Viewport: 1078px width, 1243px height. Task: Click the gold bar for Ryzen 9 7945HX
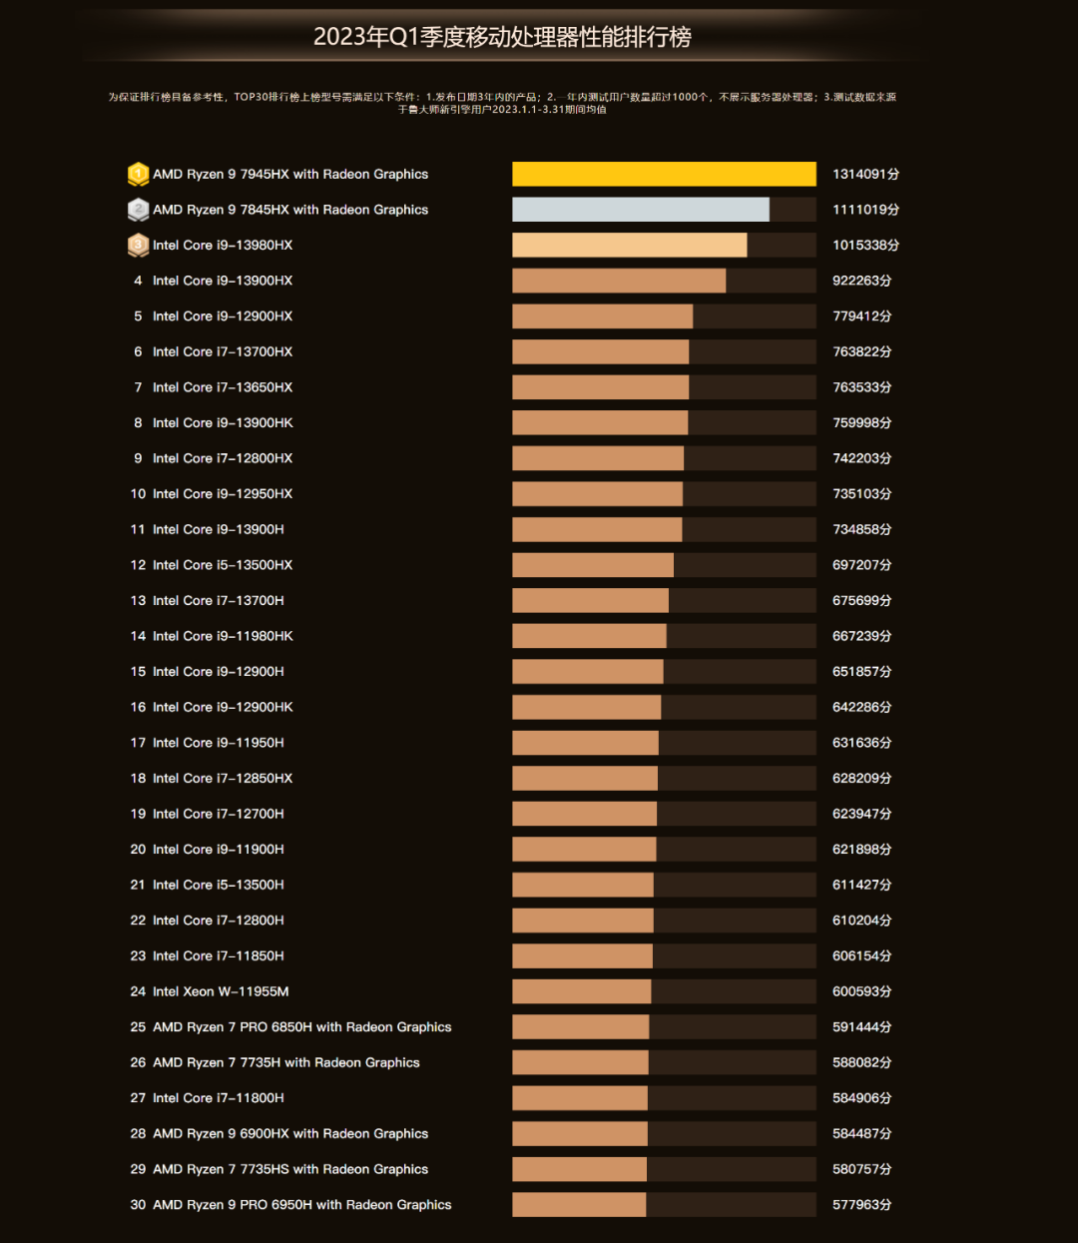point(664,174)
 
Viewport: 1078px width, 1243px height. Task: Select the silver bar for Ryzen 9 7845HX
point(641,210)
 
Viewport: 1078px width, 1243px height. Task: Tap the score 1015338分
point(865,246)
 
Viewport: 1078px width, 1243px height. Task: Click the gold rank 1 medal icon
point(138,174)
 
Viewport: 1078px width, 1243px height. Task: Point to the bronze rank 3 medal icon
point(138,245)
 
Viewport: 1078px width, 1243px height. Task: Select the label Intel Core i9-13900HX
point(223,281)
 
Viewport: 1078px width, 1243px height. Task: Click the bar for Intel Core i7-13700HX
point(600,351)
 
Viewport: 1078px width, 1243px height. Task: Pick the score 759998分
point(861,423)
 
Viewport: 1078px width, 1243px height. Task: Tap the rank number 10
point(138,494)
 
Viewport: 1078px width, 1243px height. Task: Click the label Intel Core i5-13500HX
point(223,565)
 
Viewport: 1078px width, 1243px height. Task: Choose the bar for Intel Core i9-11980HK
point(589,636)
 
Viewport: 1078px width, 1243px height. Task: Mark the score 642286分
point(861,707)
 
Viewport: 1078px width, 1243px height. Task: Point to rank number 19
point(138,814)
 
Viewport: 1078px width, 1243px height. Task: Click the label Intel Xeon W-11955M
point(221,991)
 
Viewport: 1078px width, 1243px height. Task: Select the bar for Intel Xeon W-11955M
point(581,991)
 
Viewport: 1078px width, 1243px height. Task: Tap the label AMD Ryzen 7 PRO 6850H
point(301,1027)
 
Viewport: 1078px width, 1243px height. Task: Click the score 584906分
point(861,1098)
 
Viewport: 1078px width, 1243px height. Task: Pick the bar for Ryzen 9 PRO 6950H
point(579,1205)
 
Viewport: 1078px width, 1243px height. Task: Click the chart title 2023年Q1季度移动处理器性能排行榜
point(502,37)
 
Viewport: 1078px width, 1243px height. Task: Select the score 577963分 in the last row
point(861,1205)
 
